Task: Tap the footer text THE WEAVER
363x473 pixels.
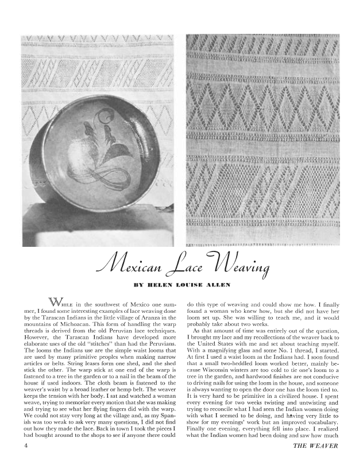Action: [315, 446]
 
